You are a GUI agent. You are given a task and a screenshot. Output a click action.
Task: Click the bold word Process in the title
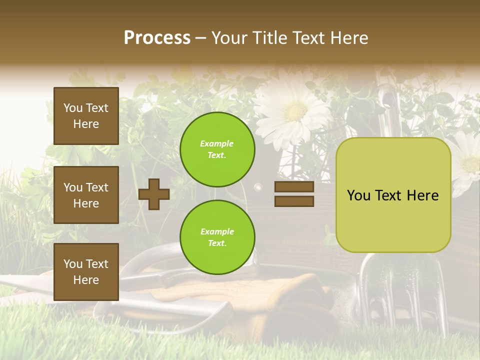pos(157,37)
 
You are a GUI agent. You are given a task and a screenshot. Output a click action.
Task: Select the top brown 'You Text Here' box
pos(86,116)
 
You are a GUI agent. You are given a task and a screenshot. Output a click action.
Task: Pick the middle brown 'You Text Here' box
pos(86,195)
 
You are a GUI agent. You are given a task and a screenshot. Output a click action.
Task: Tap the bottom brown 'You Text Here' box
pos(86,271)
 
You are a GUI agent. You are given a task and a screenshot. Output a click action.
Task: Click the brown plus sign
pos(154,194)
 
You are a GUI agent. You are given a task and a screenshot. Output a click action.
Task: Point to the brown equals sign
pos(294,194)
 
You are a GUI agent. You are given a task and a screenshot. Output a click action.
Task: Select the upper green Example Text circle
pos(217,149)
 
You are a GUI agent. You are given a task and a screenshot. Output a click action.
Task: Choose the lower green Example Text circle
pos(217,237)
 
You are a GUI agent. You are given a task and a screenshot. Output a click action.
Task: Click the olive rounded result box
pos(393,195)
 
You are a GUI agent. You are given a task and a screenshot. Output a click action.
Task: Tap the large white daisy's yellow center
pos(296,111)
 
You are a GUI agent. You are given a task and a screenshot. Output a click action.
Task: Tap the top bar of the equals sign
pos(294,187)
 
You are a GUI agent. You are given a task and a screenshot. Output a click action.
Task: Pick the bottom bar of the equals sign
pos(294,201)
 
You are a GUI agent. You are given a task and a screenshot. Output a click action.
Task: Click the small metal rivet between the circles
pos(258,187)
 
